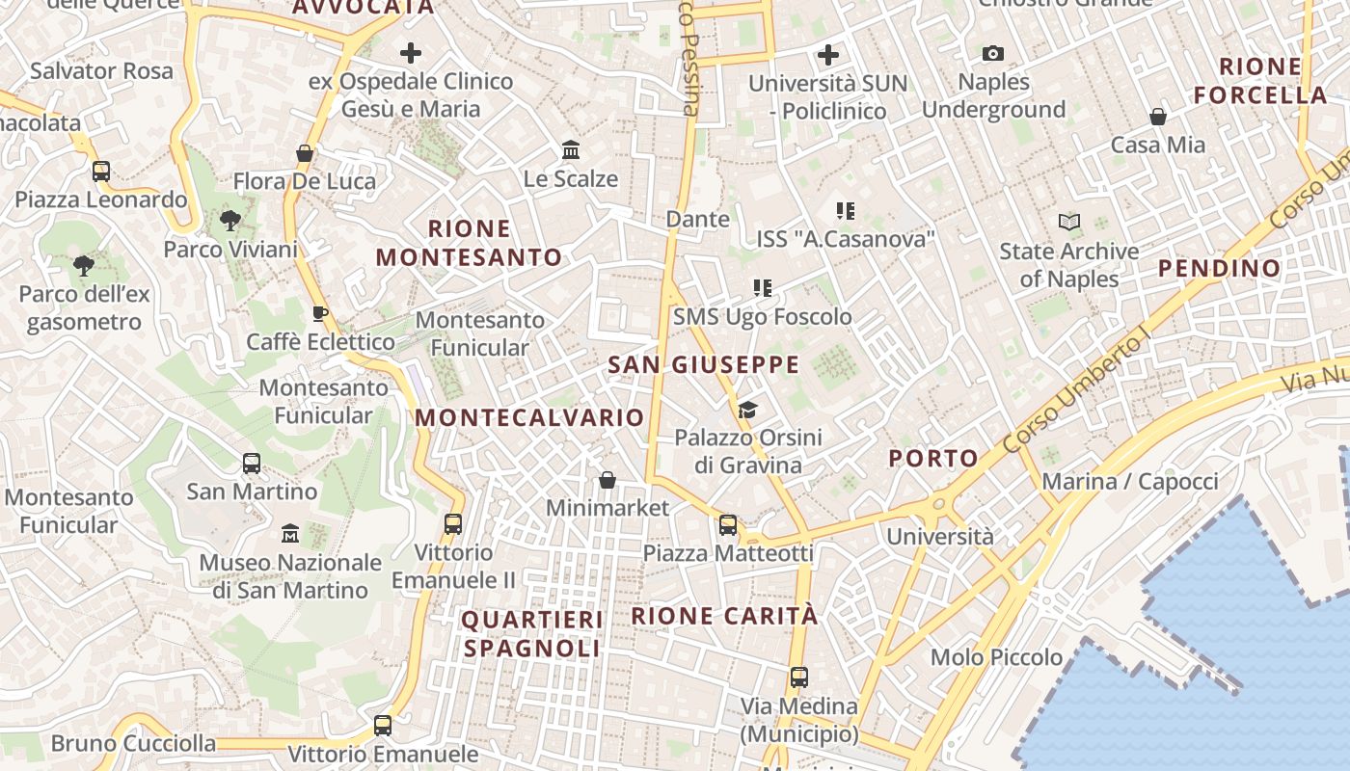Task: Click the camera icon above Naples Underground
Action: click(993, 54)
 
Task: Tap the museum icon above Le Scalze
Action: click(571, 150)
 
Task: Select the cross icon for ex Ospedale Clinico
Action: click(411, 53)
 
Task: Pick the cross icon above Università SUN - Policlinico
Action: click(828, 55)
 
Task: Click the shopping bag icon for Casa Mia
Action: click(1158, 117)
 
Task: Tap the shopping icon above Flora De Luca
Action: click(305, 153)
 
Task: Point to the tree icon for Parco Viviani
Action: click(229, 221)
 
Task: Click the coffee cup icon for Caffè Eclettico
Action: click(320, 313)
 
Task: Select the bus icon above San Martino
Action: click(252, 464)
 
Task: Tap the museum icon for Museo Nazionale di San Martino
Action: click(290, 533)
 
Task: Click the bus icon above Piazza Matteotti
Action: click(728, 525)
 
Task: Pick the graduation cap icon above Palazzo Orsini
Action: click(747, 410)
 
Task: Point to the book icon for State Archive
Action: click(1068, 223)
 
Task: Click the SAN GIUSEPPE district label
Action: click(704, 364)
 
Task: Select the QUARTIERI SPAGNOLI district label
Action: click(532, 633)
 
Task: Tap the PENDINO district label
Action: click(1219, 268)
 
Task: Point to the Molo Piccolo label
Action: click(996, 657)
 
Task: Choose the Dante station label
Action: click(698, 219)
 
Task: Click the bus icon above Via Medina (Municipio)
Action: click(799, 677)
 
